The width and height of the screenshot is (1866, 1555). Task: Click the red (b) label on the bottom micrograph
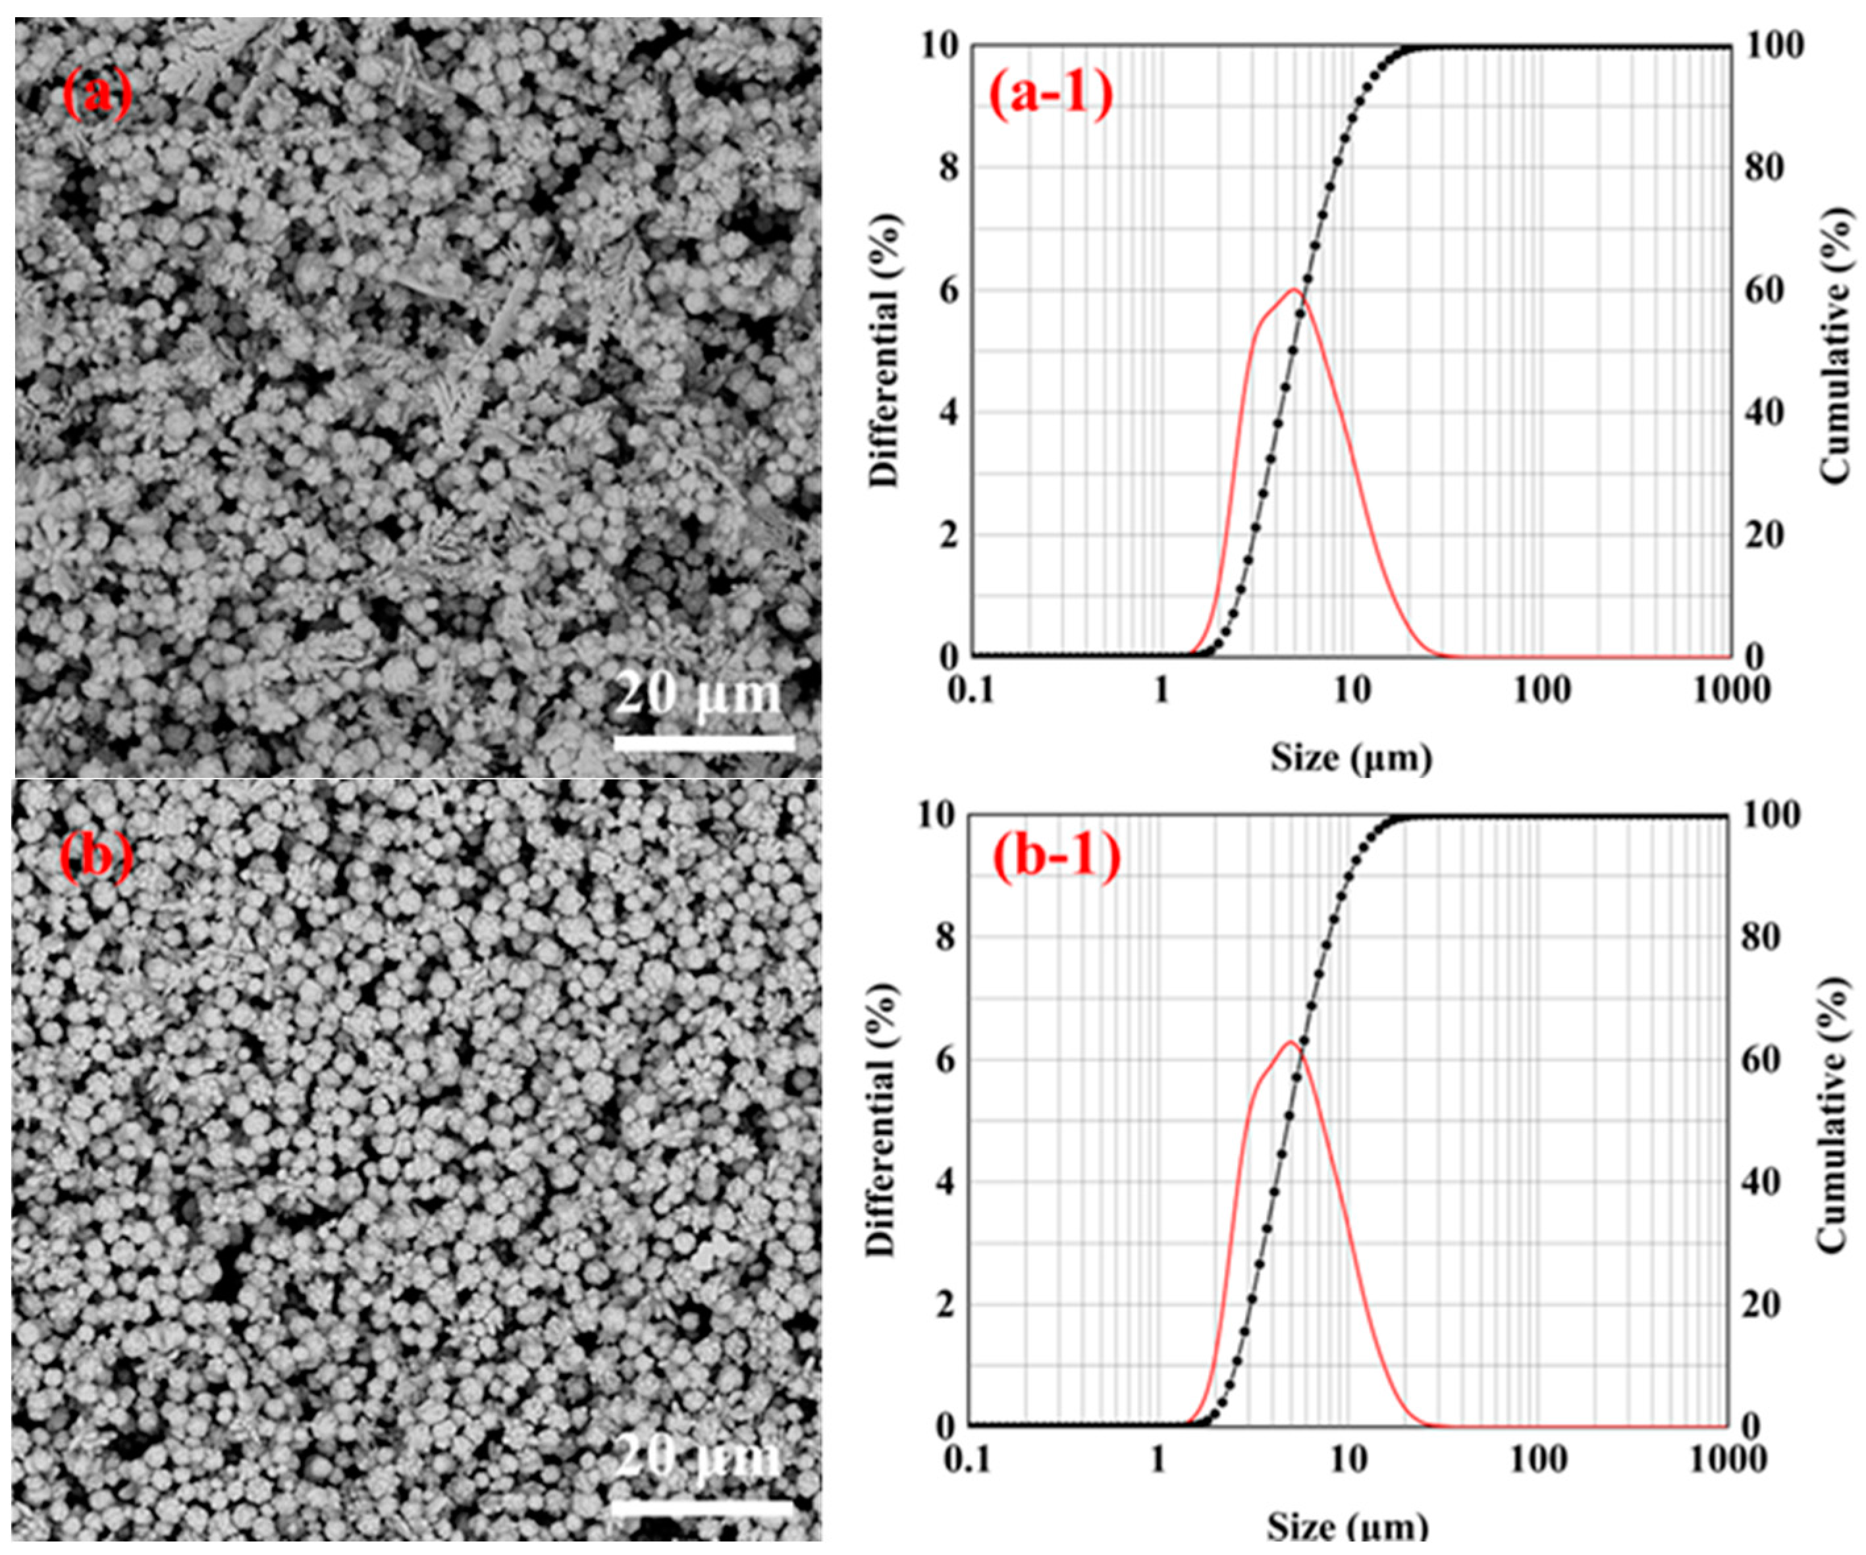tap(96, 855)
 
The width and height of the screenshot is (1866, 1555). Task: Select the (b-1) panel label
tap(1055, 858)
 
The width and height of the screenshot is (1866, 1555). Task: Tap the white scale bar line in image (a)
tap(704, 742)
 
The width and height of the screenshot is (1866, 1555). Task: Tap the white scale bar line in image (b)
tap(702, 1507)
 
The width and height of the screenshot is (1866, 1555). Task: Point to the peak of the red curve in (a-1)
tap(1294, 290)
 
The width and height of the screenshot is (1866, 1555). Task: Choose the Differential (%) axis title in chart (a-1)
tap(885, 350)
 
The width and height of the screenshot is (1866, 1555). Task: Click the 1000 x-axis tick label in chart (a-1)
tap(1731, 690)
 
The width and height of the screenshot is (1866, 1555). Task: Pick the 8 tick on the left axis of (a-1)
tap(949, 167)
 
